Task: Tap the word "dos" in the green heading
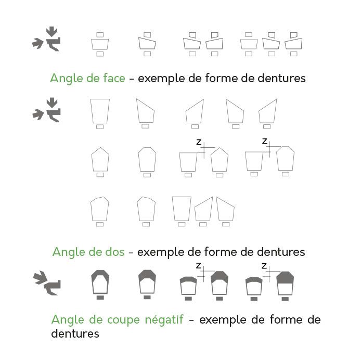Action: (x=113, y=252)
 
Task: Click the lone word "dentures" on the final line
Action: (x=75, y=333)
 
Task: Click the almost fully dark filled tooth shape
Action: (x=284, y=284)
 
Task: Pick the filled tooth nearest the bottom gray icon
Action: (x=99, y=283)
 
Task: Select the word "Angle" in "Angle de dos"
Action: (x=67, y=252)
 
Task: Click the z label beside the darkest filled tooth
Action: (x=264, y=266)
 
